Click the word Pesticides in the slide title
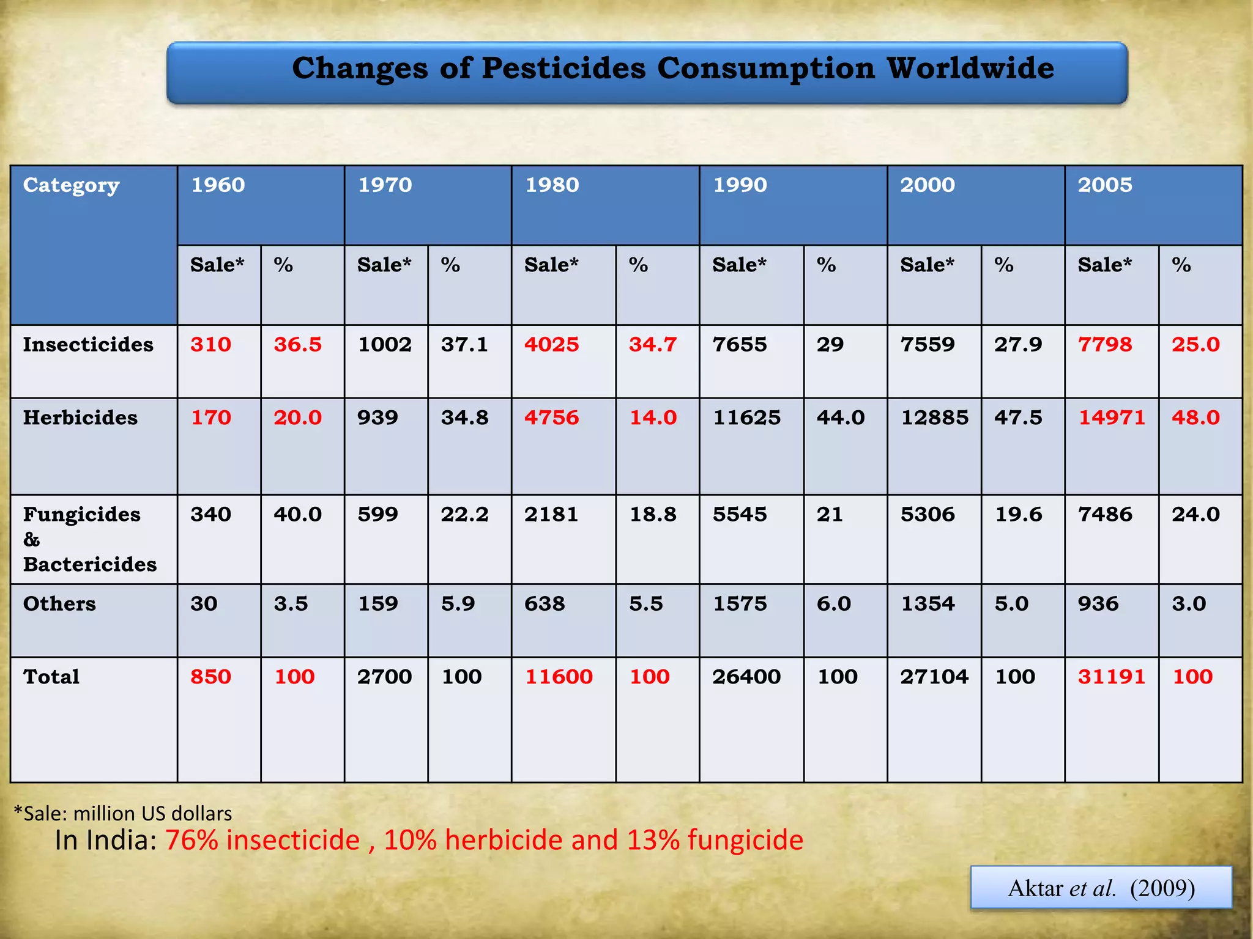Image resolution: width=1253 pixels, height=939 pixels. tap(563, 68)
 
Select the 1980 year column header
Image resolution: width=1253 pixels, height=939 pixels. tap(552, 185)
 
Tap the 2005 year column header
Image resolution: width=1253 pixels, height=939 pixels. tap(1105, 185)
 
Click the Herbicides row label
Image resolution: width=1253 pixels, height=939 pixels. tap(80, 418)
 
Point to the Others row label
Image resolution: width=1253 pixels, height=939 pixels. tap(59, 603)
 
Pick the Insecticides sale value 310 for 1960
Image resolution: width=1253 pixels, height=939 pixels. tap(210, 344)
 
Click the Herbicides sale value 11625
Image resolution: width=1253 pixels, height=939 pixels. tap(746, 418)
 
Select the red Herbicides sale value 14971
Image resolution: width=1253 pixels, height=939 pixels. tap(1111, 418)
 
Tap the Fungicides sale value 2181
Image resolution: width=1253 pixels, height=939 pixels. tap(551, 514)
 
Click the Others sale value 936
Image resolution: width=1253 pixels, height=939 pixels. tap(1098, 603)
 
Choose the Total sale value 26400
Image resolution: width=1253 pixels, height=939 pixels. tap(746, 677)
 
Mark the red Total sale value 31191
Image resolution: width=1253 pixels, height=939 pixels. tap(1111, 677)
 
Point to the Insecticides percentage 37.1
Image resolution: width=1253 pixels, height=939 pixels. tap(464, 344)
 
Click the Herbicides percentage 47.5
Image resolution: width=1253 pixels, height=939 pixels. tap(1018, 418)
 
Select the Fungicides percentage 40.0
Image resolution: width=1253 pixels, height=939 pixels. tap(297, 514)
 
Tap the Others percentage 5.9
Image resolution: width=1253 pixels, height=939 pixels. tap(458, 603)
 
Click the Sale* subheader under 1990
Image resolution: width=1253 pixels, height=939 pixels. tap(739, 265)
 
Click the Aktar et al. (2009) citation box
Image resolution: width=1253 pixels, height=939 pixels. tap(1101, 888)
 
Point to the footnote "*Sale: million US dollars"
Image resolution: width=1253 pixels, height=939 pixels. tap(123, 813)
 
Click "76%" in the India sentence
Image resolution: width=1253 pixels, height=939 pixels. tap(191, 840)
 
